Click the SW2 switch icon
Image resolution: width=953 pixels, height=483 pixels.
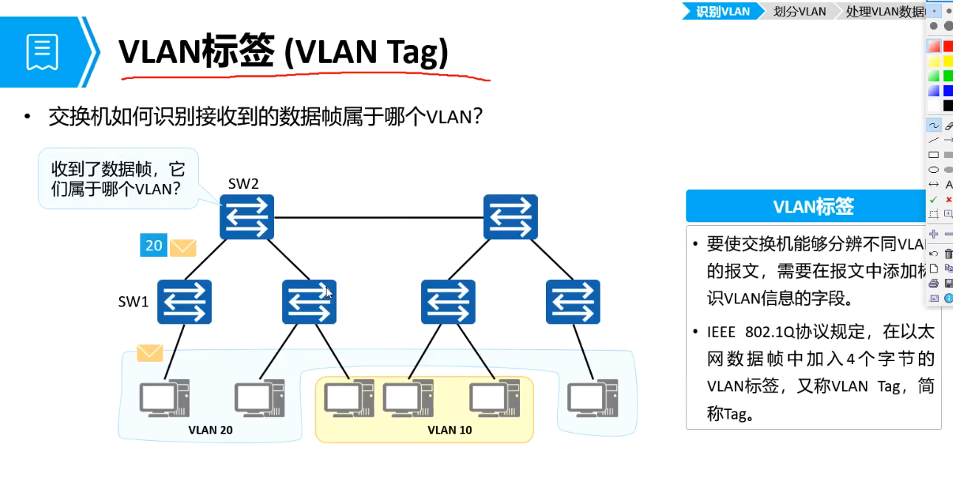pyautogui.click(x=247, y=217)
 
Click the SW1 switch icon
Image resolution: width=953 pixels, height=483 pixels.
pyautogui.click(x=185, y=302)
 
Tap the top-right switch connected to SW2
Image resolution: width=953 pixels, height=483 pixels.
pyautogui.click(x=510, y=217)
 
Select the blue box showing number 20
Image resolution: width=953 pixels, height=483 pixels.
pyautogui.click(x=154, y=245)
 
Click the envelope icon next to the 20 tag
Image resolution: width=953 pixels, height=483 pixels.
pyautogui.click(x=182, y=247)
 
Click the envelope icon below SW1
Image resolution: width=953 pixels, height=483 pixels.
pyautogui.click(x=150, y=353)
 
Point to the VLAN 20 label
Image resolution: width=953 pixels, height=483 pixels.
pyautogui.click(x=211, y=430)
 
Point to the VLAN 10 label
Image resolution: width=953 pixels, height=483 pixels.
pyautogui.click(x=450, y=430)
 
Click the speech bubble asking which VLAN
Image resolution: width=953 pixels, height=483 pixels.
pyautogui.click(x=118, y=178)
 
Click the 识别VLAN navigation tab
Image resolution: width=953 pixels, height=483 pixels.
pyautogui.click(x=723, y=11)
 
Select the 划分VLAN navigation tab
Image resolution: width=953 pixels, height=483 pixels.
pyautogui.click(x=799, y=11)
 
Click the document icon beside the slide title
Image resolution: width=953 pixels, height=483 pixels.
pyautogui.click(x=42, y=52)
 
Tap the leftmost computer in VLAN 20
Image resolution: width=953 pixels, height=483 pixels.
pyautogui.click(x=164, y=399)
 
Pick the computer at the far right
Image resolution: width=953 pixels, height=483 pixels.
pyautogui.click(x=592, y=399)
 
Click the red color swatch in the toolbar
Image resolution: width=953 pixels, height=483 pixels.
pyautogui.click(x=948, y=46)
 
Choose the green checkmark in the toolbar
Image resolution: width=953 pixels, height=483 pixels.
pyautogui.click(x=933, y=199)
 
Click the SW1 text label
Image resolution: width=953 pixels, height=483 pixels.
pyautogui.click(x=134, y=301)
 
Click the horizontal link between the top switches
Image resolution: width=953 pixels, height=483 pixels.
pyautogui.click(x=378, y=218)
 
